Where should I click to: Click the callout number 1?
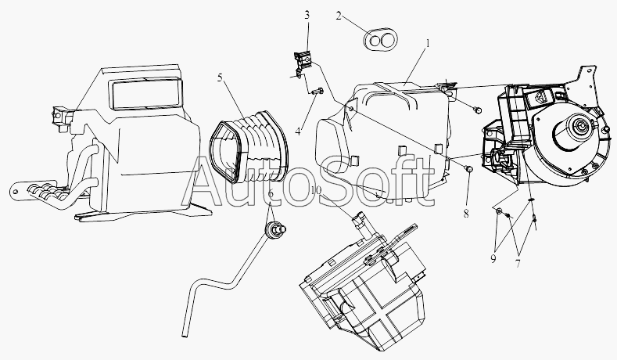click(x=428, y=43)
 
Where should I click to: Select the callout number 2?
click(x=339, y=16)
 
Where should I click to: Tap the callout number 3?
click(x=307, y=16)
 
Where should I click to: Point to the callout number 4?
click(x=298, y=131)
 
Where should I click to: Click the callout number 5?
click(x=221, y=77)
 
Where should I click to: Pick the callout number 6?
click(x=271, y=194)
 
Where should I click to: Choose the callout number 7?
click(x=518, y=264)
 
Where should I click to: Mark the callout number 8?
click(x=466, y=214)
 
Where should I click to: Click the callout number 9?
click(x=493, y=259)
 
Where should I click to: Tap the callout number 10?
click(x=317, y=191)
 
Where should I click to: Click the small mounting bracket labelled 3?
click(x=303, y=64)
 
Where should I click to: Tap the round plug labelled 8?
click(x=468, y=169)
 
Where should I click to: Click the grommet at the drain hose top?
click(x=275, y=229)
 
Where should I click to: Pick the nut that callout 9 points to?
click(x=499, y=211)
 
